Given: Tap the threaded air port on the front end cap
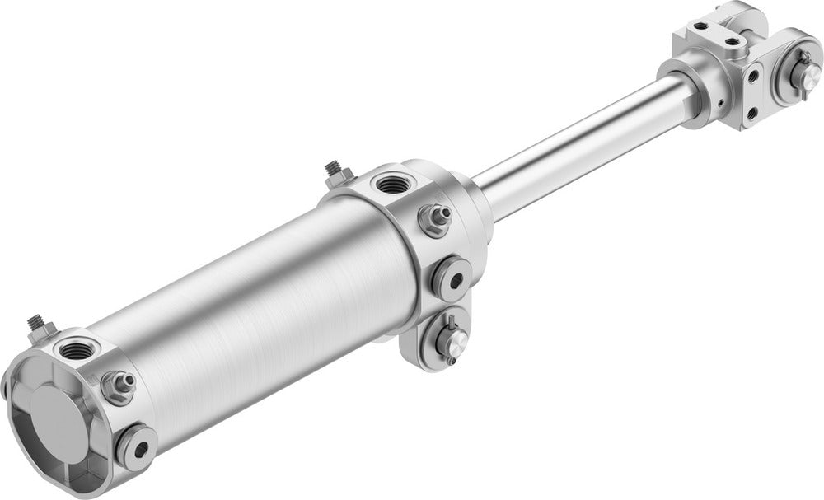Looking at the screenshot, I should click(388, 183).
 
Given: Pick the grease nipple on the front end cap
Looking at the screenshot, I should click(434, 217).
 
